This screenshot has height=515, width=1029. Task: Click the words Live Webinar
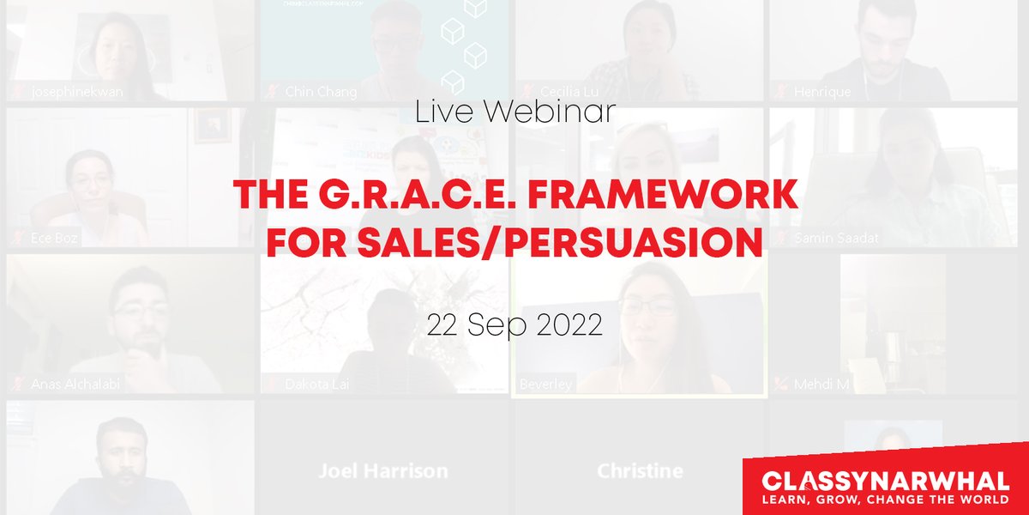pos(514,112)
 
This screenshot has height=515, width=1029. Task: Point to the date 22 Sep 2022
pos(514,325)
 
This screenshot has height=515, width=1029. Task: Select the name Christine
pos(640,470)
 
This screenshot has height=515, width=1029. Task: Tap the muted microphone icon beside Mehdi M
pos(780,384)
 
